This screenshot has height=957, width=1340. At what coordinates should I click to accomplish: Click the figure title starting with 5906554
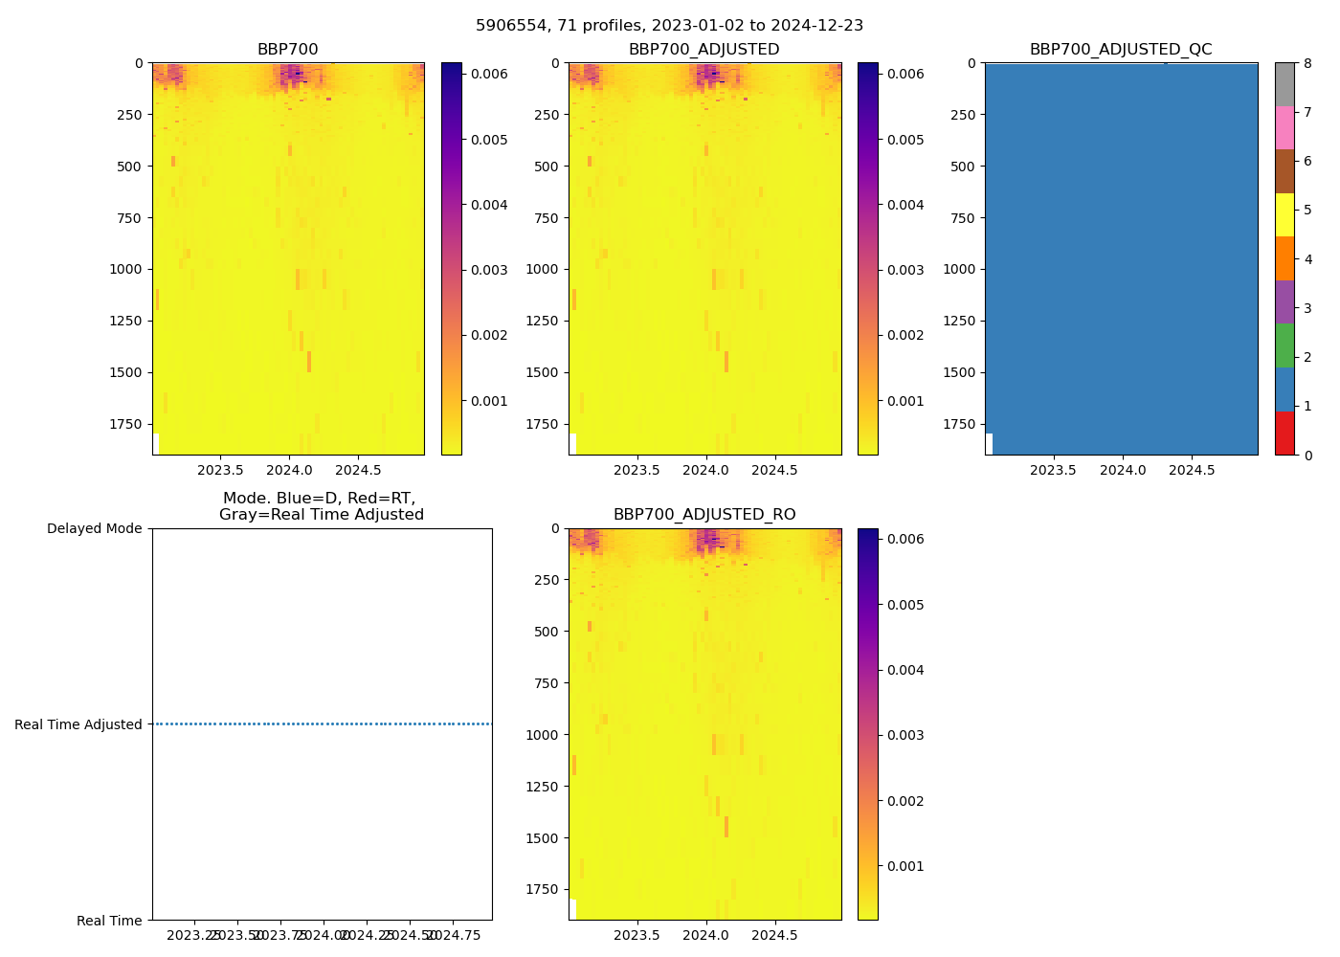[669, 26]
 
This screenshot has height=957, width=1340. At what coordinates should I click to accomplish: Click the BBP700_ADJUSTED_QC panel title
[1121, 50]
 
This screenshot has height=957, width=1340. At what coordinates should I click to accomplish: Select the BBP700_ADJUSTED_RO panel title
[704, 515]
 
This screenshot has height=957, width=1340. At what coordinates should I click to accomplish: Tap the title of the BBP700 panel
[287, 50]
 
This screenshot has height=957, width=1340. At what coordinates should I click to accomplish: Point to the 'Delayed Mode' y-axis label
[94, 528]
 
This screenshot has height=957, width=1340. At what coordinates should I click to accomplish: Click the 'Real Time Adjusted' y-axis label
[78, 724]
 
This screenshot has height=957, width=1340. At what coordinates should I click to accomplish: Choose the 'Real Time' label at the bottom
[109, 921]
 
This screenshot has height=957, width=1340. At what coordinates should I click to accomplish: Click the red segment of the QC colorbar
[1284, 433]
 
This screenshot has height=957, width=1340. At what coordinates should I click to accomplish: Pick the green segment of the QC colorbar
[1284, 345]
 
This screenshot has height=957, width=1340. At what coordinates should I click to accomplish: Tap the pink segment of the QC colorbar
[1284, 128]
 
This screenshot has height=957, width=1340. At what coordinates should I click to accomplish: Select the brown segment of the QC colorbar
[1284, 171]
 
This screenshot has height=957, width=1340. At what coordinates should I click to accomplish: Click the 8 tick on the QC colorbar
[1306, 64]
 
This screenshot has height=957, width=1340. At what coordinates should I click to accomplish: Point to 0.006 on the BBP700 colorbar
[489, 74]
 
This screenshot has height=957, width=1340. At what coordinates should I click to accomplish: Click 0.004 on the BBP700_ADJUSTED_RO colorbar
[904, 670]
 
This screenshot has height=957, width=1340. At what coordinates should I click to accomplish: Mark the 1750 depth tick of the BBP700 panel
[125, 424]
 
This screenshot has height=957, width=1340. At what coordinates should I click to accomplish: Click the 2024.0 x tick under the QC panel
[1123, 470]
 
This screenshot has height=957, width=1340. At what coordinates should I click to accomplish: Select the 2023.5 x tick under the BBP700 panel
[220, 470]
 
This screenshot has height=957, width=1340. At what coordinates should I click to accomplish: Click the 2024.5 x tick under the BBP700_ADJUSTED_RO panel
[774, 935]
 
